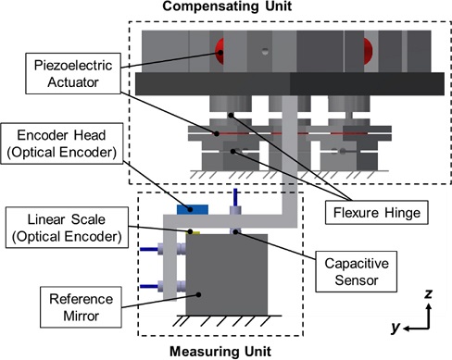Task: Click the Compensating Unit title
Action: pyautogui.click(x=227, y=6)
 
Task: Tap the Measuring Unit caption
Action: pyautogui.click(x=220, y=352)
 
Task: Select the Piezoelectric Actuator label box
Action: pyautogui.click(x=73, y=73)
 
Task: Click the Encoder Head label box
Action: pyautogui.click(x=62, y=143)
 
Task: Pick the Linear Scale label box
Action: pyautogui.click(x=67, y=228)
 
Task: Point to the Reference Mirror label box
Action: pyautogui.click(x=81, y=307)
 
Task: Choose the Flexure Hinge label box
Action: pyautogui.click(x=377, y=213)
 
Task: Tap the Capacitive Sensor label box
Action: pyautogui.click(x=356, y=271)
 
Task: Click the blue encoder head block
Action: pyautogui.click(x=193, y=210)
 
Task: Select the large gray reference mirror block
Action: pyautogui.click(x=227, y=275)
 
